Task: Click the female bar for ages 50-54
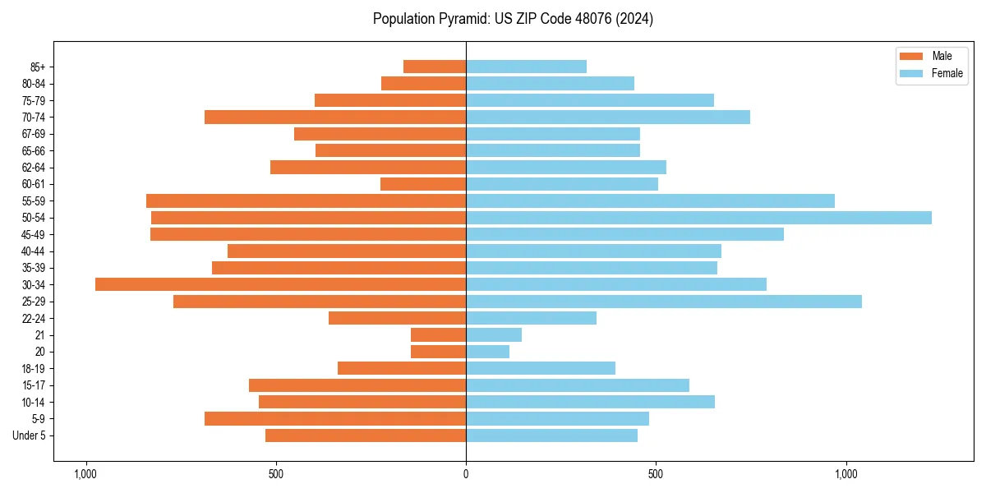click(698, 218)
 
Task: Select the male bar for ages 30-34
click(280, 284)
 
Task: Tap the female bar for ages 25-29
click(664, 302)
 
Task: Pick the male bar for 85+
click(435, 67)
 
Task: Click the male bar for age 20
click(438, 352)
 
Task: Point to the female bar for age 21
click(494, 335)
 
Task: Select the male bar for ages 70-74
click(335, 117)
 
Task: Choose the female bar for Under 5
click(551, 435)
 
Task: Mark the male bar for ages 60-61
click(423, 184)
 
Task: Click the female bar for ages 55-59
click(650, 200)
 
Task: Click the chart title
click(513, 19)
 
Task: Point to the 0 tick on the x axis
click(466, 474)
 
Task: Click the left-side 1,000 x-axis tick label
click(85, 474)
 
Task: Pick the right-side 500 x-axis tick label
click(656, 474)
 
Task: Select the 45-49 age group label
click(34, 234)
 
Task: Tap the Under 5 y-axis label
click(29, 435)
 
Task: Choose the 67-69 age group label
click(34, 134)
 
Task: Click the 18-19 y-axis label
click(34, 368)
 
